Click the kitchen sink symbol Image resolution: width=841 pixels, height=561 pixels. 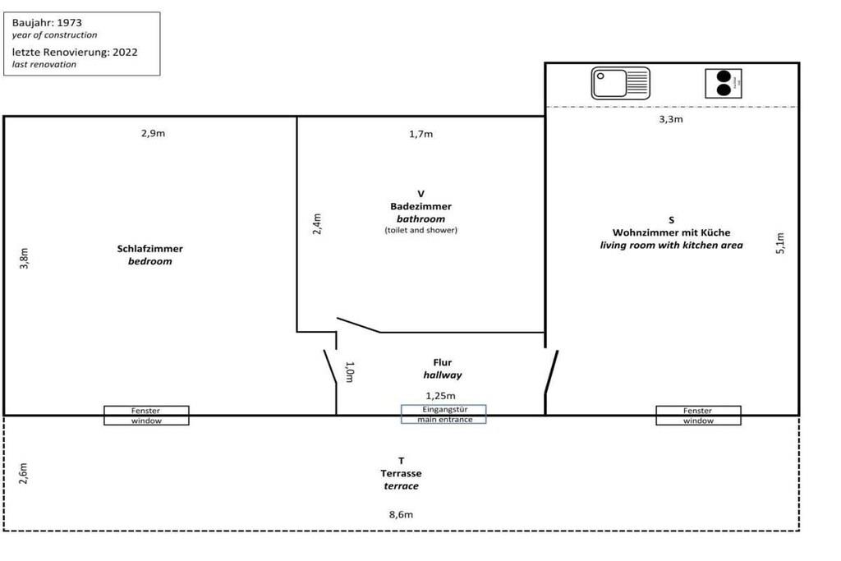click(x=620, y=84)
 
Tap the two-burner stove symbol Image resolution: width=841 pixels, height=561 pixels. click(x=723, y=84)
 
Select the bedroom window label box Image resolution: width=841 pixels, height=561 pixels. click(x=146, y=416)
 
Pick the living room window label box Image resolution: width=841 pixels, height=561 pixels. click(x=698, y=416)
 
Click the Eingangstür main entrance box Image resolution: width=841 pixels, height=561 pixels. click(x=443, y=415)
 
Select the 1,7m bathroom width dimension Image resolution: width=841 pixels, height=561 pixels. click(x=420, y=134)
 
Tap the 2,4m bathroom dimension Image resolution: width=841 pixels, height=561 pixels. click(x=317, y=224)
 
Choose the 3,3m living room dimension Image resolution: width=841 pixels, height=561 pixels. click(x=671, y=119)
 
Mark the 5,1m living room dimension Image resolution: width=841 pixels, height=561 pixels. click(x=780, y=244)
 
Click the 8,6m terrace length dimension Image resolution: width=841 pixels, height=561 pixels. click(x=401, y=515)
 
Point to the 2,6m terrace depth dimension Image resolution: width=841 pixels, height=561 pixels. click(x=24, y=473)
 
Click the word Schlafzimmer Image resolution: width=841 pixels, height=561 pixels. click(x=150, y=249)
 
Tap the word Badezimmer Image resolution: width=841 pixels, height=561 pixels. click(x=420, y=207)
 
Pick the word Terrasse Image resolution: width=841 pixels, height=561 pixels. click(x=401, y=474)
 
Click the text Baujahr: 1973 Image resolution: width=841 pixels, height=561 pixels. click(x=47, y=23)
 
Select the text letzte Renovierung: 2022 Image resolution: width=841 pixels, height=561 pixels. click(x=75, y=52)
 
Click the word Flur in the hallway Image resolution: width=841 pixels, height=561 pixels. click(x=443, y=362)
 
